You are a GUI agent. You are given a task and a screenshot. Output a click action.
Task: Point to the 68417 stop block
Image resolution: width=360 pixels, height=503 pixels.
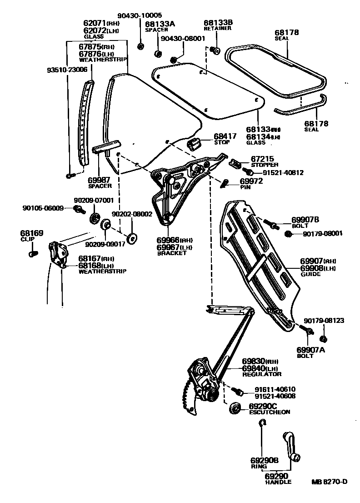point(195,144)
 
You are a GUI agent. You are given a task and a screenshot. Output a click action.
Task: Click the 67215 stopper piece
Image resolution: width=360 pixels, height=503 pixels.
point(235,163)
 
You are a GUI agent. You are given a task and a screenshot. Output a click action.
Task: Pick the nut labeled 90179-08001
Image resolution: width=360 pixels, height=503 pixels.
point(287,234)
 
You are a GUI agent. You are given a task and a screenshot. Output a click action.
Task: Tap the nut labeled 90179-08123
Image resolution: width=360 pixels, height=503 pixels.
point(324,339)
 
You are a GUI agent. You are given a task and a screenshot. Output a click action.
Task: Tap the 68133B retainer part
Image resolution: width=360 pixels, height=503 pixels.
point(215,50)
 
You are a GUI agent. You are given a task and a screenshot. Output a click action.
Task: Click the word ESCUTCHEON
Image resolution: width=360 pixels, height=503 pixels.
point(270,412)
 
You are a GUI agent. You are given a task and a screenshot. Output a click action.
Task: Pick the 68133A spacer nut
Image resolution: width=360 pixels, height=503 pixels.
point(158,54)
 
